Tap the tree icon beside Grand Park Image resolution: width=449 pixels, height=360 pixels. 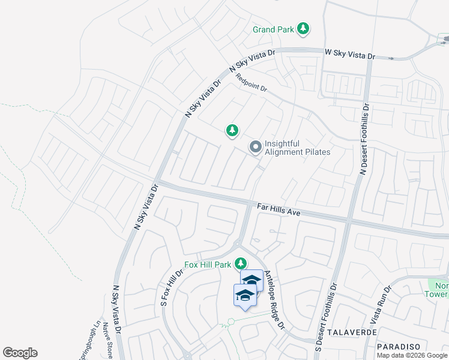coord(304,28)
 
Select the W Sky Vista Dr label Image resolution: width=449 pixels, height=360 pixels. coord(349,55)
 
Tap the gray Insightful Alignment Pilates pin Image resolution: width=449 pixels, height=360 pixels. coord(255,146)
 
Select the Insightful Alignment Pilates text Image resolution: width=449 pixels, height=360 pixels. coord(297,148)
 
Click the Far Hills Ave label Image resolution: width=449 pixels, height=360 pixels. coord(278,209)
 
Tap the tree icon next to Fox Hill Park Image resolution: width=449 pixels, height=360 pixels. coord(241,263)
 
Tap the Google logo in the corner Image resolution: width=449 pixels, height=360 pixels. coord(20,353)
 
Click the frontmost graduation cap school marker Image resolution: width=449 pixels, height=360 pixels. coord(245,295)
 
